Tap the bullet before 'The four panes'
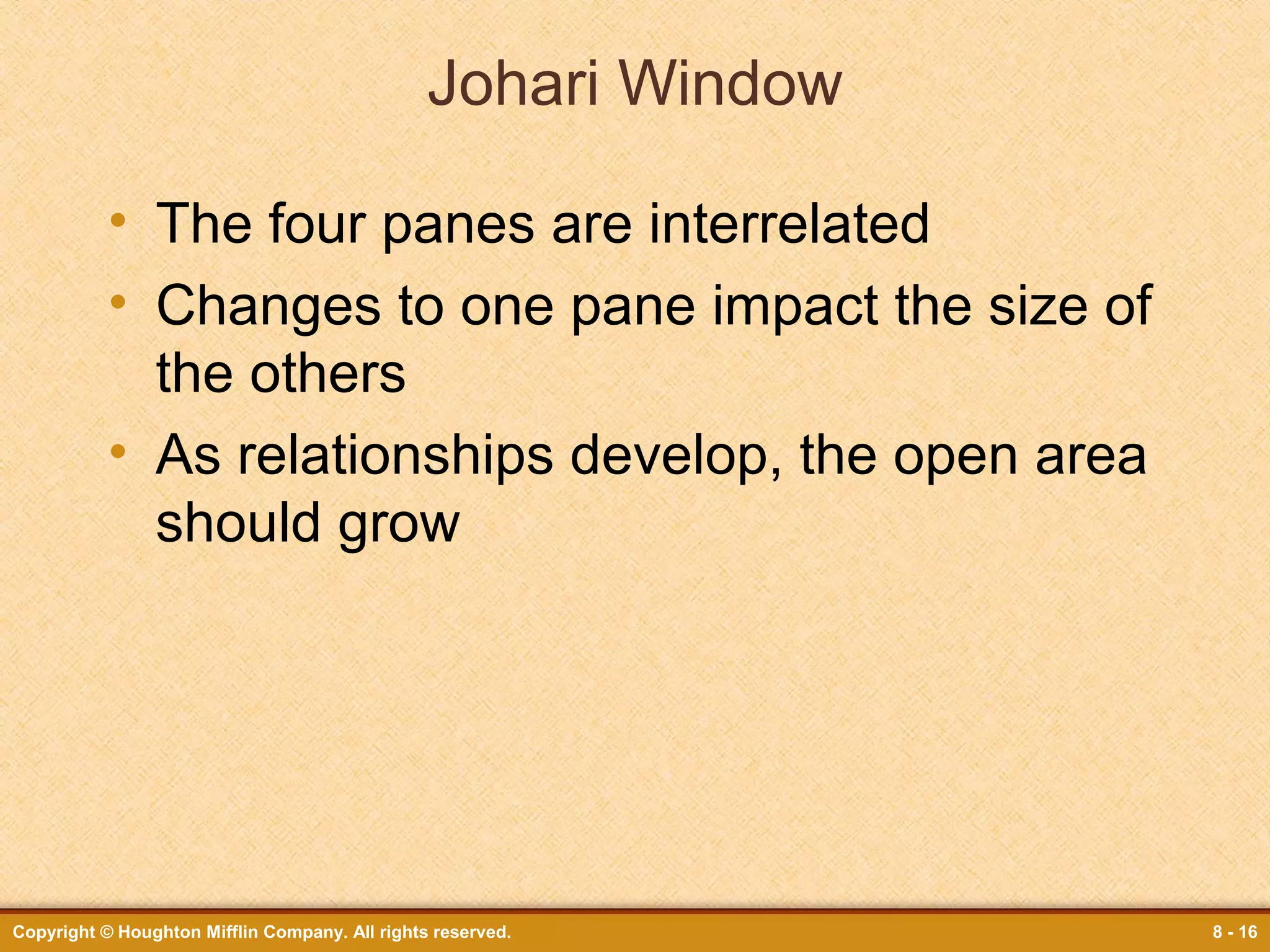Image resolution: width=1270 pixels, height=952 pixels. click(118, 220)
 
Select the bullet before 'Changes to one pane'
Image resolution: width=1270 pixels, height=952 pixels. click(118, 302)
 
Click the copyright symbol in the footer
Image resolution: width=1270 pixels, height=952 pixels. click(107, 932)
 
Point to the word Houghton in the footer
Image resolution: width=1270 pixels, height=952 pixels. click(158, 932)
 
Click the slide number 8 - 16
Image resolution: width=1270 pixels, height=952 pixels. click(1235, 932)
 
